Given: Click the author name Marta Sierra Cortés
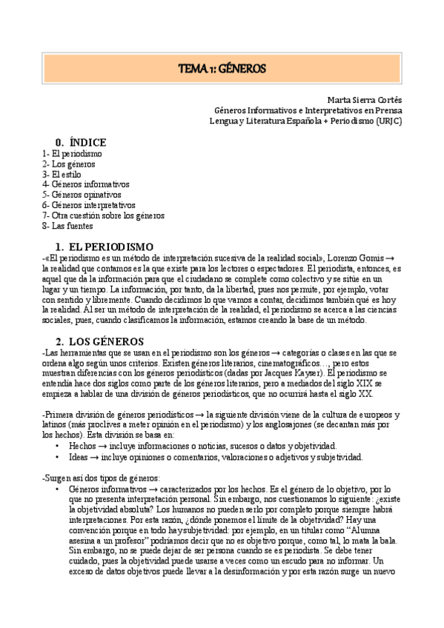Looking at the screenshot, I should pyautogui.click(x=364, y=100).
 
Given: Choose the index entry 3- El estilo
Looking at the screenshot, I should pyautogui.click(x=62, y=174).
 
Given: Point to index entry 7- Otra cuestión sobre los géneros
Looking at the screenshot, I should pyautogui.click(x=103, y=216).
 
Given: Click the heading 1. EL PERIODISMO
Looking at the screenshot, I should pyautogui.click(x=105, y=246).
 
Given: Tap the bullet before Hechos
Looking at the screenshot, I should pyautogui.click(x=58, y=447).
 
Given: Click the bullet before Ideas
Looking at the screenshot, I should pyautogui.click(x=58, y=457).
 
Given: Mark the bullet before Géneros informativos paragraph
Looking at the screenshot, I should pyautogui.click(x=58, y=490).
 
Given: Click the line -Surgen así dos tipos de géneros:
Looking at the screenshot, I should pyautogui.click(x=96, y=479).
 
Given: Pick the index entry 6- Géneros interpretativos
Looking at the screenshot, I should pyautogui.click(x=89, y=205).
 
